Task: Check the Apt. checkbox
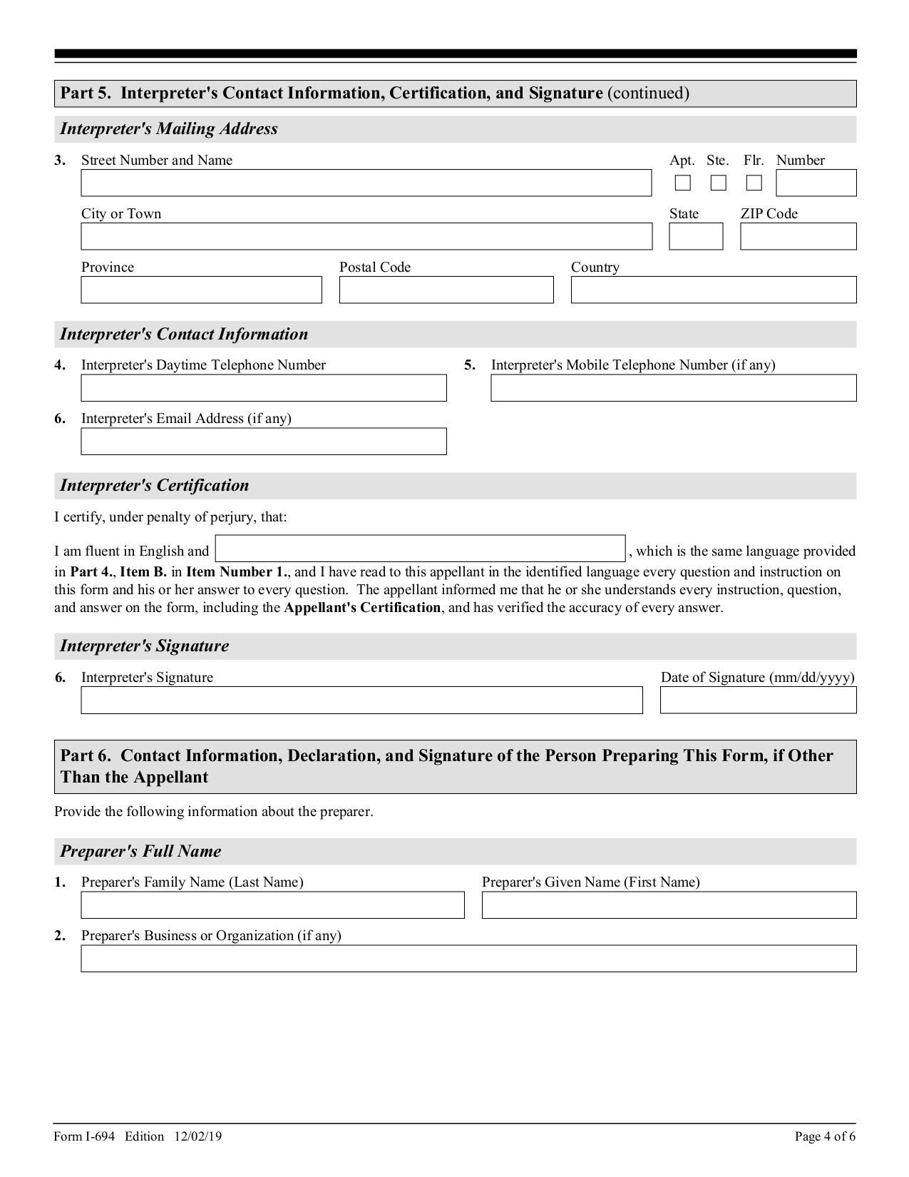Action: tap(682, 183)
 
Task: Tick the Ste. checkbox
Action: tap(718, 183)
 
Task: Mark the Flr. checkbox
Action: tap(754, 183)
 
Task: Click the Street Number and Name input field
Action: tap(366, 183)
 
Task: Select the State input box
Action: tap(695, 237)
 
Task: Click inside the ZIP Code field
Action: tap(798, 237)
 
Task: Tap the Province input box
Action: tap(201, 290)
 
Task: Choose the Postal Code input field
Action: tap(446, 290)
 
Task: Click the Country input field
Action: tap(713, 290)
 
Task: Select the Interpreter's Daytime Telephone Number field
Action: tap(264, 388)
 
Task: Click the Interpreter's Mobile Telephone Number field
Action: tap(673, 388)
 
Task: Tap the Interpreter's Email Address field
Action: tap(264, 442)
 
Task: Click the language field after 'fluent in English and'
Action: tap(420, 549)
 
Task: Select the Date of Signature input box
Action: tap(758, 700)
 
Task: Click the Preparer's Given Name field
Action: tap(669, 905)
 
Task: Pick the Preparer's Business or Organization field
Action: tap(468, 959)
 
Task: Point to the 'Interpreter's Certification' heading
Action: tap(155, 486)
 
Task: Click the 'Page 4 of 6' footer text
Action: tap(825, 1136)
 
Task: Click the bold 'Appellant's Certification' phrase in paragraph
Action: tap(362, 608)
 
